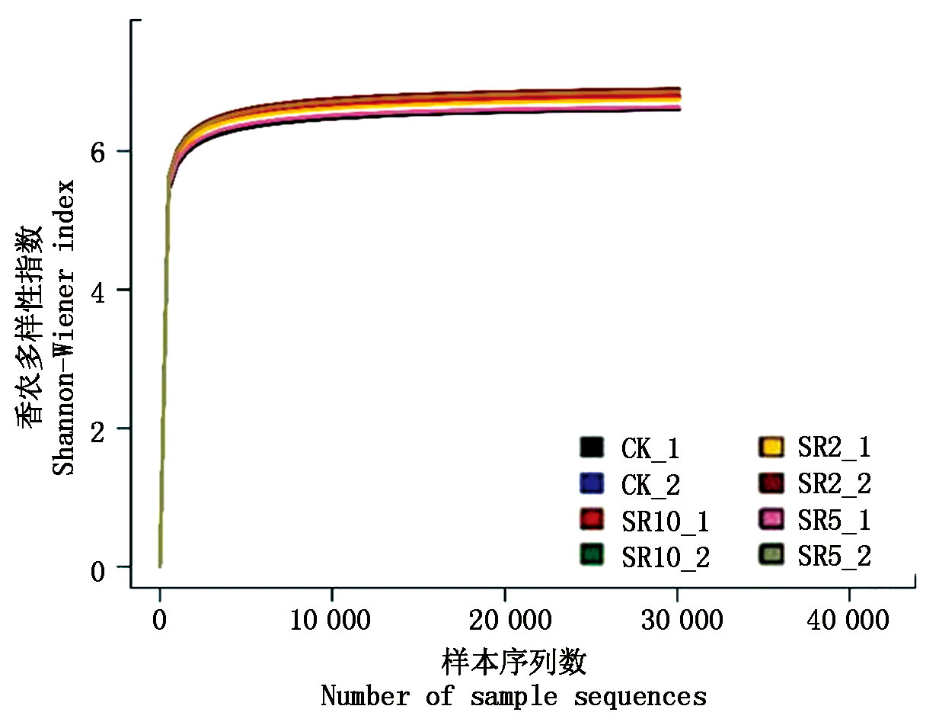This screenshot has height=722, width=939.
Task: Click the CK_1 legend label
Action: coord(650,448)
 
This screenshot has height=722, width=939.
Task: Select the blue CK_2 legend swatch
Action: coord(592,484)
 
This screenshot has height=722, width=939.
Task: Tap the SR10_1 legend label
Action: coord(666,521)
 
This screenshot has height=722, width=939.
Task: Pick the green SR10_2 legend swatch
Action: coord(592,556)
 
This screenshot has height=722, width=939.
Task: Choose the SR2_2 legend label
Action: coord(834,483)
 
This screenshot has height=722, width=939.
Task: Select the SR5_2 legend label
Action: coord(834,556)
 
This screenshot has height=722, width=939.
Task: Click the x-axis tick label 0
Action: coord(160,620)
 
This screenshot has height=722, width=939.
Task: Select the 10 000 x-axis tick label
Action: coord(331,620)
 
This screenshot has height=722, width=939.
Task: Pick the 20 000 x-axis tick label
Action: coord(504,620)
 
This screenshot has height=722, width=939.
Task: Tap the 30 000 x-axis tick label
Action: coord(677,620)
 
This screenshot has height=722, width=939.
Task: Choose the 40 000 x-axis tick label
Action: coord(849,620)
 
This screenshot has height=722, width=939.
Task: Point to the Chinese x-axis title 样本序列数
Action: coord(513,663)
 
